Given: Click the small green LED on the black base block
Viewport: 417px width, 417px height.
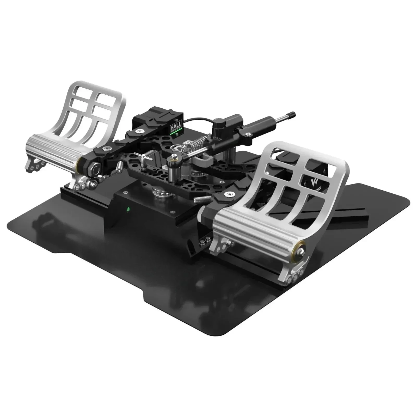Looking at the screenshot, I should (128, 209).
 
